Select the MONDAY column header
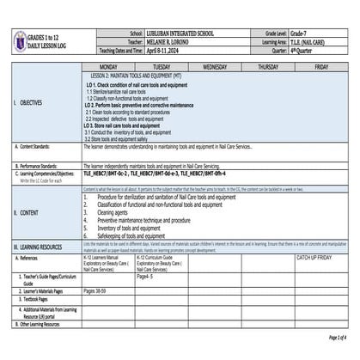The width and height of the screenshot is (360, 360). (109, 66)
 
